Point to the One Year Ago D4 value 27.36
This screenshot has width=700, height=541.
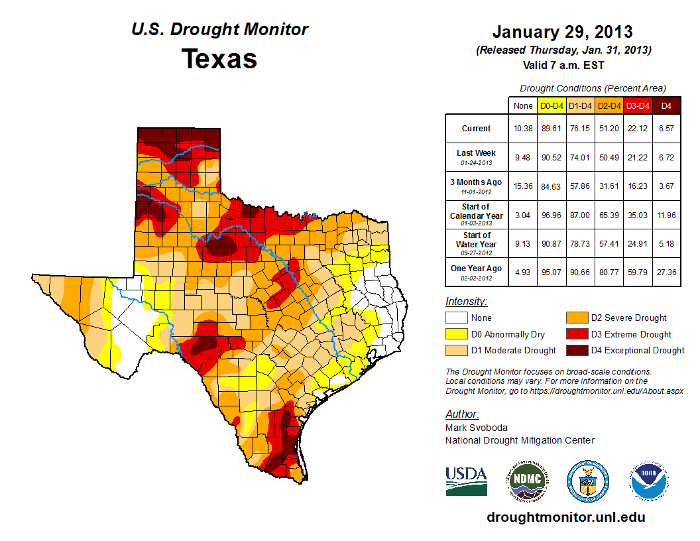(666, 271)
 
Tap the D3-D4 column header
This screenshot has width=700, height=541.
(638, 105)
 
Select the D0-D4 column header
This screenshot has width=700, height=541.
(552, 105)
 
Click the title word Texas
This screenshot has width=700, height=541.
(219, 59)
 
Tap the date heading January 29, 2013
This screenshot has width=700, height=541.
(562, 32)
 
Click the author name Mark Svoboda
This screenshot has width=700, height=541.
(476, 428)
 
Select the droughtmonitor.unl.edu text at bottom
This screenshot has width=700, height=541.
(565, 517)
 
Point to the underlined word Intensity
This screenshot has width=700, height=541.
(466, 302)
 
